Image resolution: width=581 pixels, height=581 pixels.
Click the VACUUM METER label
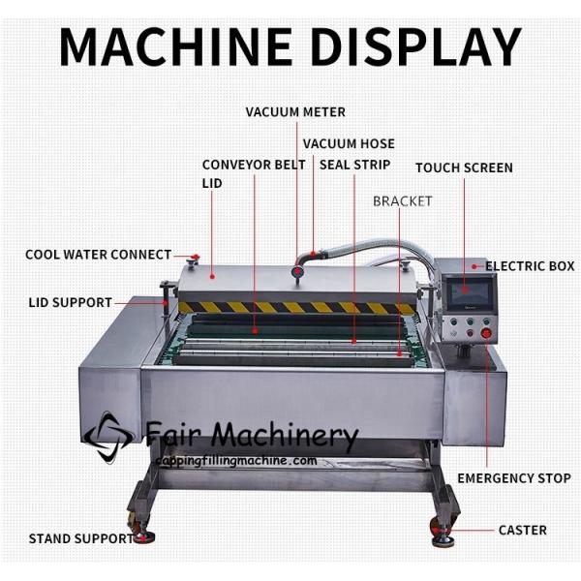294,112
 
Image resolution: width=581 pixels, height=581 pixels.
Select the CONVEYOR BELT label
254,165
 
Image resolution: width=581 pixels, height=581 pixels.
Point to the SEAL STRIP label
354,165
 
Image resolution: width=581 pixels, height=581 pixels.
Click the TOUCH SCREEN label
464,168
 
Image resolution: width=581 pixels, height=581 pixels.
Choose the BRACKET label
403,201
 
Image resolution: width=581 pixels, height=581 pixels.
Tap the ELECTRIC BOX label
528,265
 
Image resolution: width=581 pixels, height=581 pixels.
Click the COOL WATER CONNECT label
98,255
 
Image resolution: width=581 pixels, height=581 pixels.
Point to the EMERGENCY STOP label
513,478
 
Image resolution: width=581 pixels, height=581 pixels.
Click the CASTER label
522,530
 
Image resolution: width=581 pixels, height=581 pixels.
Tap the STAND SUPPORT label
80,538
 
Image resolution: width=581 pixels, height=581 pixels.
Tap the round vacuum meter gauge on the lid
298,274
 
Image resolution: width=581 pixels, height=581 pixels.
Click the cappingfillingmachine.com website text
236,460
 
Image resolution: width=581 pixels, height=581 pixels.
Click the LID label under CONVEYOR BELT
211,182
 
